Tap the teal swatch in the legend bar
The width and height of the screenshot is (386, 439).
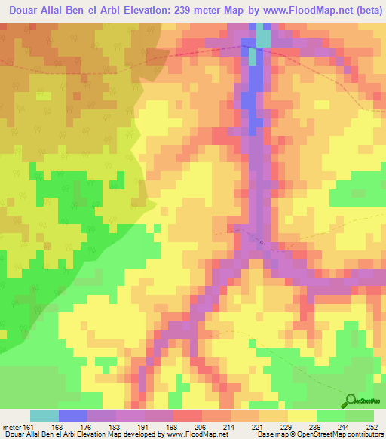click(x=44, y=416)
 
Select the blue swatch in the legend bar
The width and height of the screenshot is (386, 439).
click(x=73, y=416)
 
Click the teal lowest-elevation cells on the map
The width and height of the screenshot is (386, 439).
click(x=263, y=35)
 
